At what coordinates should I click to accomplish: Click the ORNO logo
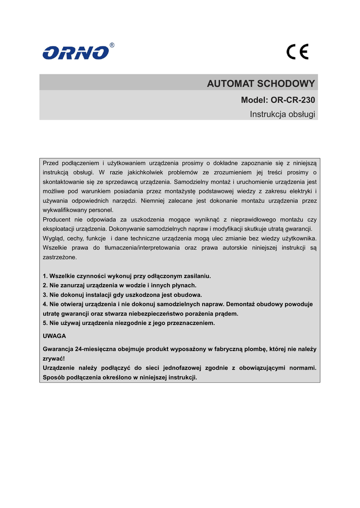[75, 53]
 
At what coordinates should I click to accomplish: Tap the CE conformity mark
[297, 52]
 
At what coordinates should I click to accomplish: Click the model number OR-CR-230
[293, 100]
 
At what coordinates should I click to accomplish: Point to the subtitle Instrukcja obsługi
[282, 115]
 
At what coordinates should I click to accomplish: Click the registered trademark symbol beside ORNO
[112, 45]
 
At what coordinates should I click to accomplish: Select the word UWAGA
[54, 336]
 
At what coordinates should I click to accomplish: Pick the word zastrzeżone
[60, 257]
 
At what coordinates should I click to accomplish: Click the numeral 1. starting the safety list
[45, 276]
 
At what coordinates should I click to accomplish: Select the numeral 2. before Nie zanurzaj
[45, 285]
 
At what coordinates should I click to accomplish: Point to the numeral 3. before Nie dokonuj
[45, 295]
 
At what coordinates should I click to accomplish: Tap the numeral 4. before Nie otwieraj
[45, 304]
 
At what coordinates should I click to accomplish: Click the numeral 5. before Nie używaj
[45, 323]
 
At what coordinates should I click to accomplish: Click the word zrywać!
[54, 359]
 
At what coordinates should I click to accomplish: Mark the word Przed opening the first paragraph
[51, 163]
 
